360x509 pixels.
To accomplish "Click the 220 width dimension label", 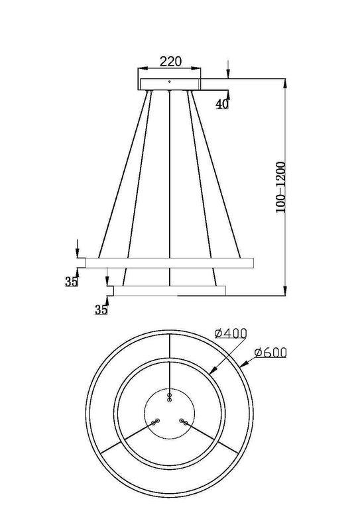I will (170, 62).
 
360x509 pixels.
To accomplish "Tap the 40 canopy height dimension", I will (222, 104).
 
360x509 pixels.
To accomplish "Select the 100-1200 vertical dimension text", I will (281, 186).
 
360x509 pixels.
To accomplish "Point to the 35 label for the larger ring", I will (72, 282).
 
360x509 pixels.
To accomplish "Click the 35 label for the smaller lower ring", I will (101, 309).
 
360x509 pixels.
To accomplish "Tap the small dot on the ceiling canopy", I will (170, 82).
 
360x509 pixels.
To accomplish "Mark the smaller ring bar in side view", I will (170, 290).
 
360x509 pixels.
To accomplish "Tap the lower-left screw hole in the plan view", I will (156, 422).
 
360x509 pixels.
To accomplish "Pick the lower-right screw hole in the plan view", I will (184, 422).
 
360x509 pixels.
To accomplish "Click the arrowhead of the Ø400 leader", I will (211, 372).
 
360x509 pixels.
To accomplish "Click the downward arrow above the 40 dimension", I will (228, 75).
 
